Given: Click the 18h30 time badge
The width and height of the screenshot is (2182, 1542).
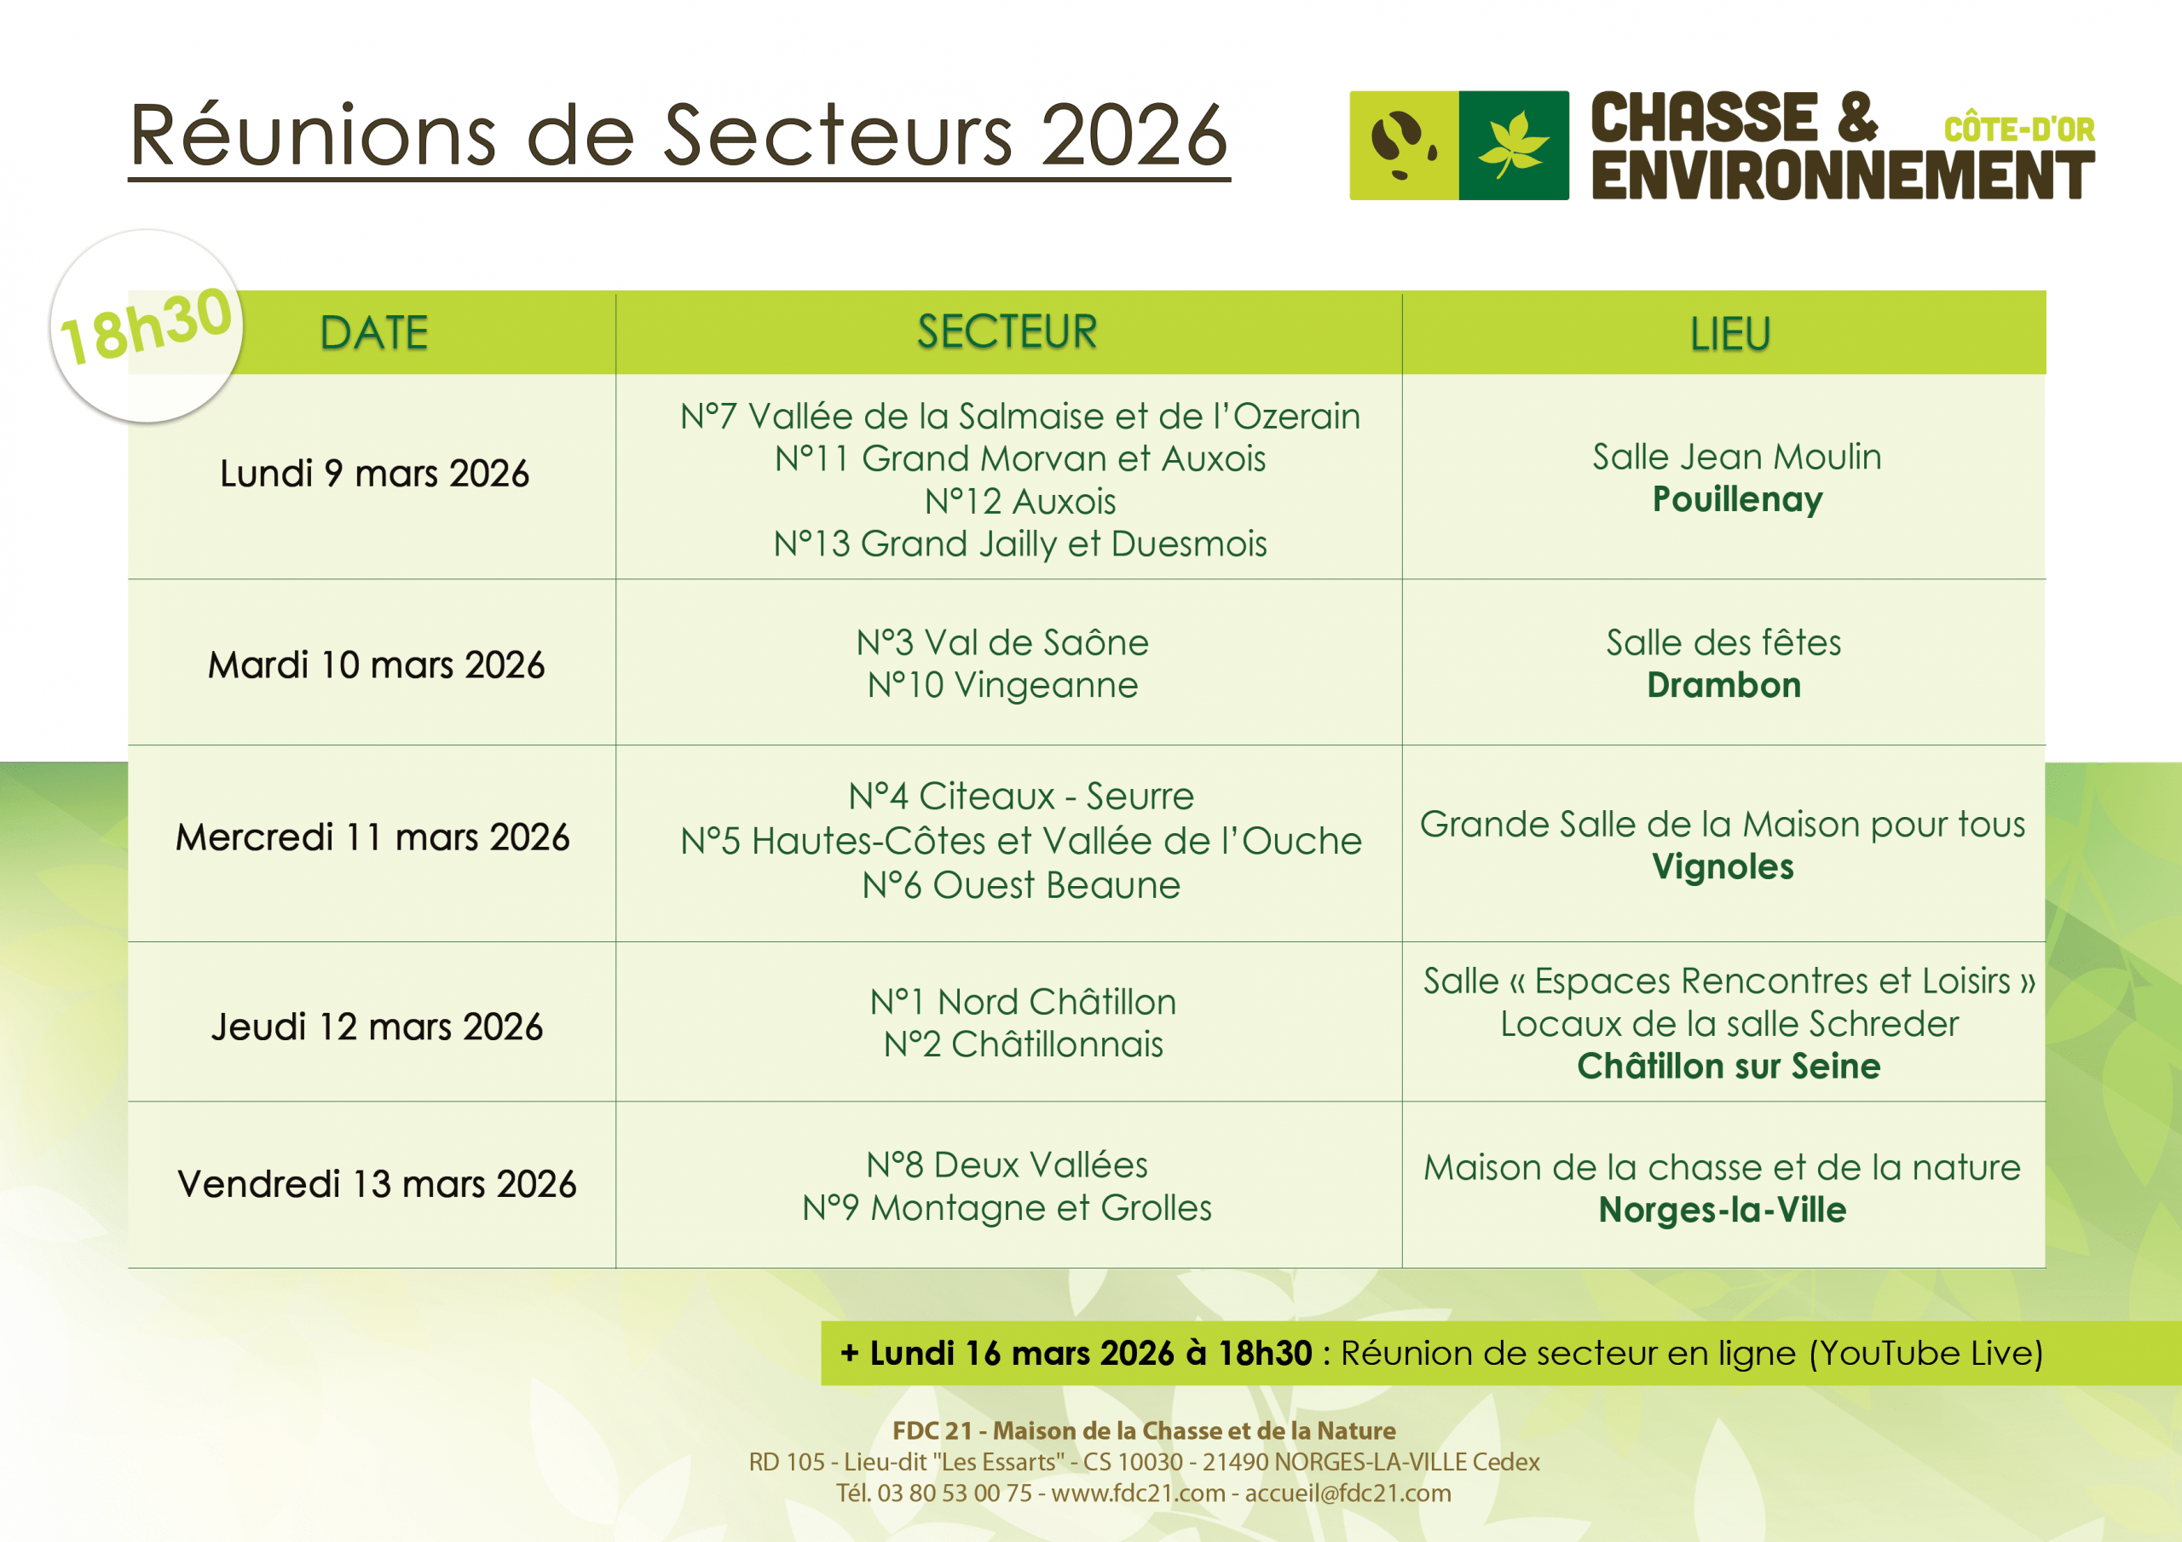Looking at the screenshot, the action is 147,326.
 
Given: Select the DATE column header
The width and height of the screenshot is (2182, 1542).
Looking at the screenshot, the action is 373,333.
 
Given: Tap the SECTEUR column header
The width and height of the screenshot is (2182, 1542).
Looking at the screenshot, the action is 1007,332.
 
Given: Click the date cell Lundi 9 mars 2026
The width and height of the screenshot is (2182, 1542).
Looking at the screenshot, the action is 374,473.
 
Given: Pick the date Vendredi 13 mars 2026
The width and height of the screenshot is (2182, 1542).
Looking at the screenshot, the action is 377,1184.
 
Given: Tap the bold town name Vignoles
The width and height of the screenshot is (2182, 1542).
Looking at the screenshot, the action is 1723,866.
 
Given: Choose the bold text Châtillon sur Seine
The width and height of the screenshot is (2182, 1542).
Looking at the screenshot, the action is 1729,1066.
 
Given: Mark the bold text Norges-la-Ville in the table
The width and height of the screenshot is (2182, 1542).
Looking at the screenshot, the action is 1722,1210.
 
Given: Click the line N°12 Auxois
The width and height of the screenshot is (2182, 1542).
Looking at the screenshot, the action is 1019,502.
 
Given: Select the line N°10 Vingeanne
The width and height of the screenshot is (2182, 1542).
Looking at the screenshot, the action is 1002,685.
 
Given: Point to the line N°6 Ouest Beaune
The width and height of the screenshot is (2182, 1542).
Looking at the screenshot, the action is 1020,885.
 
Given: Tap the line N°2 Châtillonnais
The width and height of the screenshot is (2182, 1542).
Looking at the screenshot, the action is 1023,1044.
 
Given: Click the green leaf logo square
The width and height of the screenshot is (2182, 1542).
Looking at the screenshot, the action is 1514,146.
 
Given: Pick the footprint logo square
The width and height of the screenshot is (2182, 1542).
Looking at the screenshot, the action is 1404,146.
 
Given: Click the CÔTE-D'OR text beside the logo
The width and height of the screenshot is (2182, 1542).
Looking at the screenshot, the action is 2018,129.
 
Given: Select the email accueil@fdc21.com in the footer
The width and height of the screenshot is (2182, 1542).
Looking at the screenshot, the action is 1348,1493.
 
